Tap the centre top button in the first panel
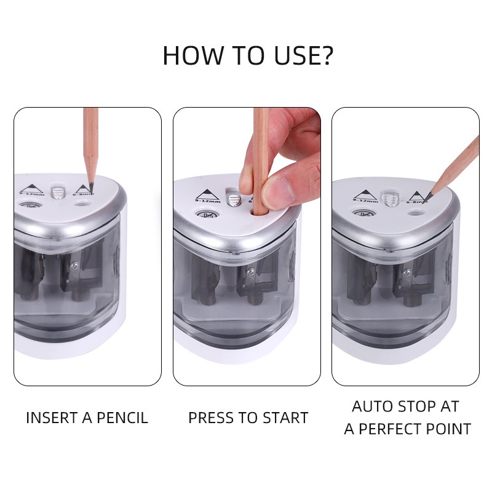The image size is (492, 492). coord(58,192)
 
